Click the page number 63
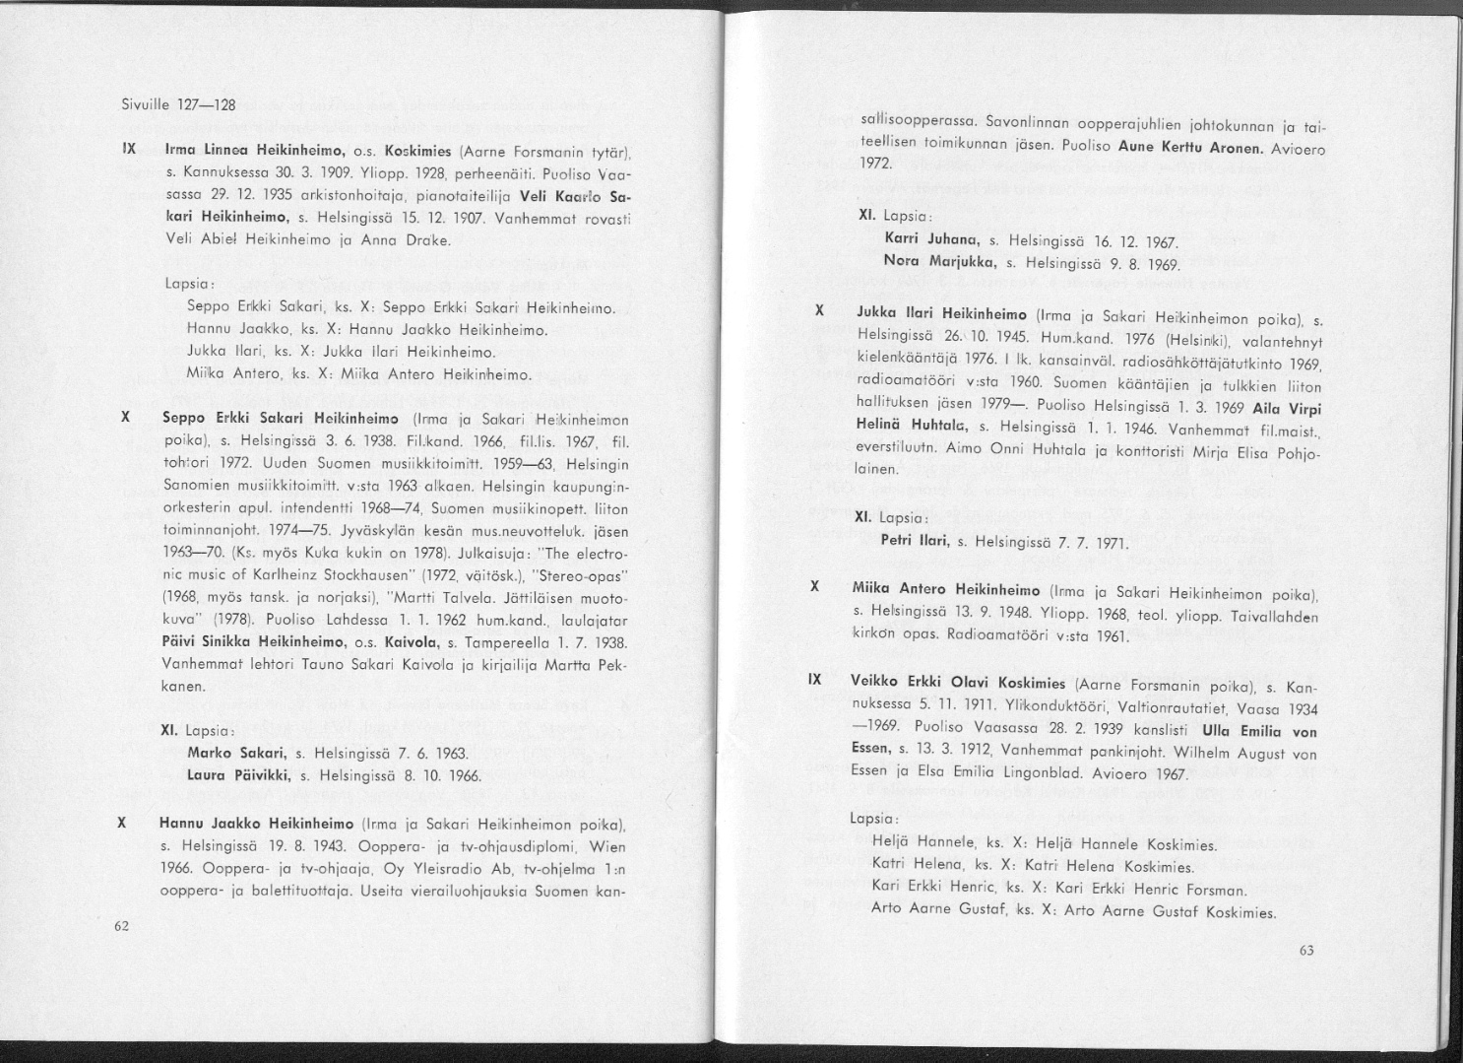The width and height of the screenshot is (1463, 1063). pos(1306,950)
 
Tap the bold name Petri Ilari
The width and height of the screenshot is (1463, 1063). pos(915,540)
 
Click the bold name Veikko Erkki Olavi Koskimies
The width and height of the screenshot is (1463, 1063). pos(959,684)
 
